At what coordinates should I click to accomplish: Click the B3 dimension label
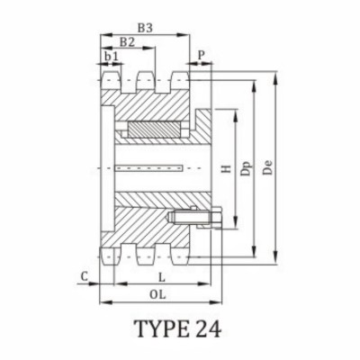click(x=144, y=28)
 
